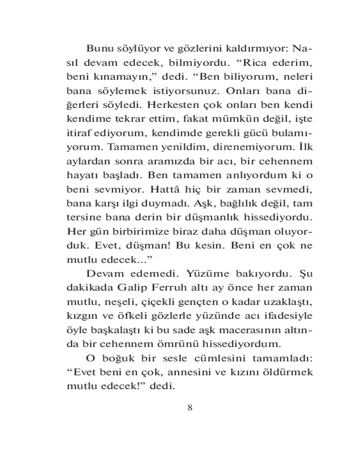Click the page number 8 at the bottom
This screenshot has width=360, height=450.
[x=189, y=408]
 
